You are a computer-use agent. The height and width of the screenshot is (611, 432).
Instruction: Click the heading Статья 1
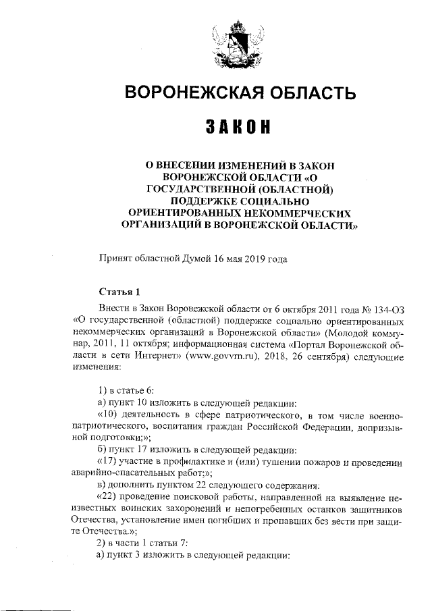pyautogui.click(x=119, y=292)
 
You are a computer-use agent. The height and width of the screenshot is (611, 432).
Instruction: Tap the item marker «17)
pyautogui.click(x=108, y=464)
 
